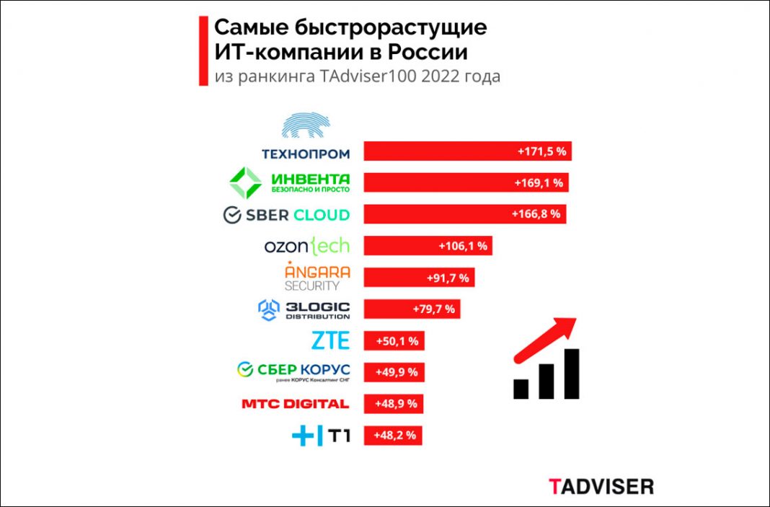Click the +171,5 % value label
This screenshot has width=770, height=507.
point(540,152)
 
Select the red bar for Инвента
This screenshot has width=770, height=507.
point(466,182)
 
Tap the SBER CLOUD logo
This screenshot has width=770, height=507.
point(286,214)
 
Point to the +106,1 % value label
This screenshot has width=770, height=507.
point(463,246)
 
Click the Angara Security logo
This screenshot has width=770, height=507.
point(317,277)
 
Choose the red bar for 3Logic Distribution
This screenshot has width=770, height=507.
point(412,309)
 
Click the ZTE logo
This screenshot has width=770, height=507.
point(330,340)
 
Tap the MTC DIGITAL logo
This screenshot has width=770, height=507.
point(296,404)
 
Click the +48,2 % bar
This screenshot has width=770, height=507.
point(393,436)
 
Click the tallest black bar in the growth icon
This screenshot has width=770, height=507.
point(572,373)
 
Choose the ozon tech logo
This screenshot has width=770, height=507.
point(307,246)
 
